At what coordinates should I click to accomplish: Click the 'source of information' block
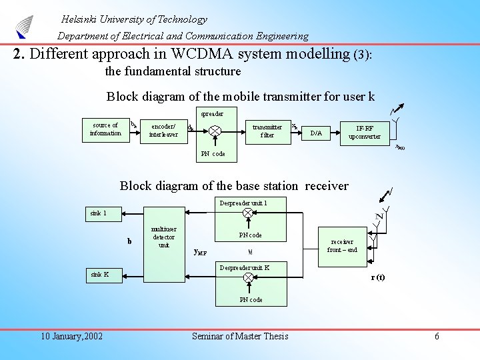pos(105,129)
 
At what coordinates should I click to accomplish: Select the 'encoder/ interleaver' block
pos(163,130)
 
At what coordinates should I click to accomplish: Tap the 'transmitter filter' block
pos(267,130)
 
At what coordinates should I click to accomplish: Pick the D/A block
pos(316,133)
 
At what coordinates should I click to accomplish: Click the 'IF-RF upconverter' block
pos(364,132)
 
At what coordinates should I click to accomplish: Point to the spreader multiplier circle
pos(215,131)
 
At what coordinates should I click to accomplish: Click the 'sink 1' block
pos(99,213)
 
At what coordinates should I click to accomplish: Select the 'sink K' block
pos(99,274)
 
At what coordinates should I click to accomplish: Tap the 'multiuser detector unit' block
pos(163,237)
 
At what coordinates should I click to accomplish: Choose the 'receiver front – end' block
pos(342,245)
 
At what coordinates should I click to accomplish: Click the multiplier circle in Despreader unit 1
pos(248,213)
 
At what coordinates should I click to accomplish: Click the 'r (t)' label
pos(377,277)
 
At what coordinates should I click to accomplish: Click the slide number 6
pos(437,336)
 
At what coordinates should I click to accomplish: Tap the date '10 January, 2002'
pos(71,336)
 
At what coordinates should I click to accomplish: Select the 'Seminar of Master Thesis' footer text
pos(240,336)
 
